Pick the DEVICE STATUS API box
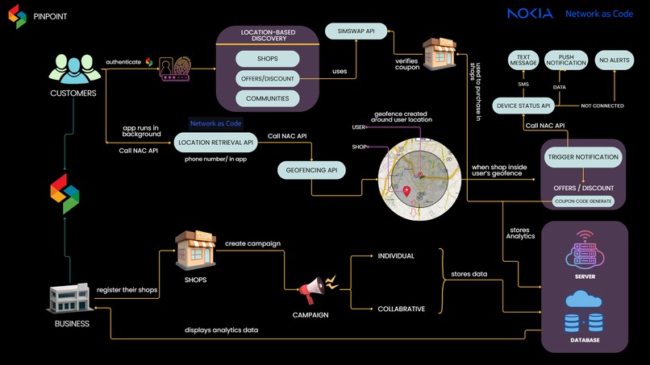point(523,105)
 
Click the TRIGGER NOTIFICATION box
point(583,157)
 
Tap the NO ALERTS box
point(615,59)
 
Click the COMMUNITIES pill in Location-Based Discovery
point(268,99)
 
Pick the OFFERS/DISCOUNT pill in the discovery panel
point(268,79)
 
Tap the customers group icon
point(73,67)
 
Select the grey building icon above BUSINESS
point(71,300)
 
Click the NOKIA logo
point(530,14)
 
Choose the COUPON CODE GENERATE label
point(583,201)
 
